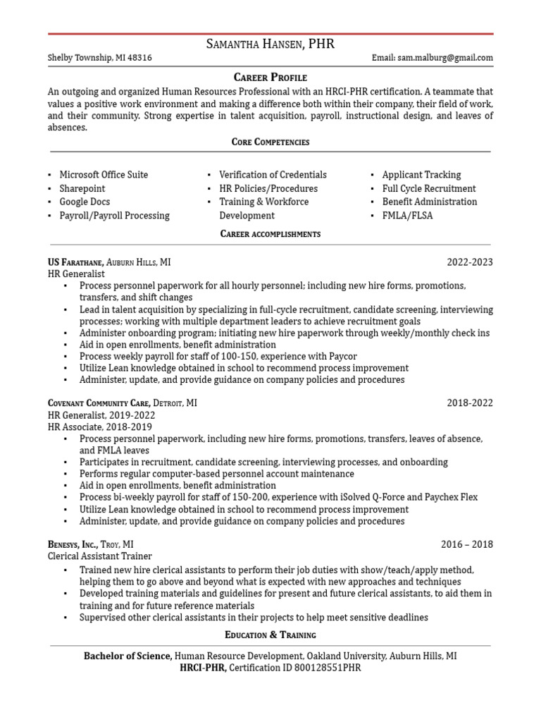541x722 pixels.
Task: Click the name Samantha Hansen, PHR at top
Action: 270,44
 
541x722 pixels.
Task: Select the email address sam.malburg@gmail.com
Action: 447,59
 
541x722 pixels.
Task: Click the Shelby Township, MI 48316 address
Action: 99,59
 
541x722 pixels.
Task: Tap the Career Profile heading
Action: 270,78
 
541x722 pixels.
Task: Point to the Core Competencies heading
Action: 270,142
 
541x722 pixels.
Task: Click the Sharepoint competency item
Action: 82,188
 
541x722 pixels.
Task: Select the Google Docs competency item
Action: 85,202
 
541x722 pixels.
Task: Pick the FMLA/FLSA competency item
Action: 407,215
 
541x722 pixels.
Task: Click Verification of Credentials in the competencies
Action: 273,175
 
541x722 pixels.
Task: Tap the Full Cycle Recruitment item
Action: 428,188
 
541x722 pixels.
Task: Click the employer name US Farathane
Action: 76,262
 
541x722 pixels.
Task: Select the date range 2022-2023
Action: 470,262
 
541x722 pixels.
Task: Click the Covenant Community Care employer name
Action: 99,403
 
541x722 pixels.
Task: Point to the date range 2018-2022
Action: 470,403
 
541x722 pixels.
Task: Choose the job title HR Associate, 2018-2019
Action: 99,427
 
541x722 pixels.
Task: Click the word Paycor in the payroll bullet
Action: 342,357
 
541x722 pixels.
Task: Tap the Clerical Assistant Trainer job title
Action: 99,556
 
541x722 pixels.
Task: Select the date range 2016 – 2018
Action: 467,544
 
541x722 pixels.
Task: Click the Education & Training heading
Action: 270,635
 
